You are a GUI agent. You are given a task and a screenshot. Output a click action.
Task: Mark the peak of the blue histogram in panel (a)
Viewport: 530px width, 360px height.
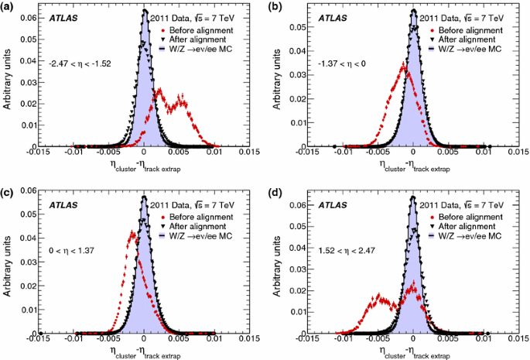145,12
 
